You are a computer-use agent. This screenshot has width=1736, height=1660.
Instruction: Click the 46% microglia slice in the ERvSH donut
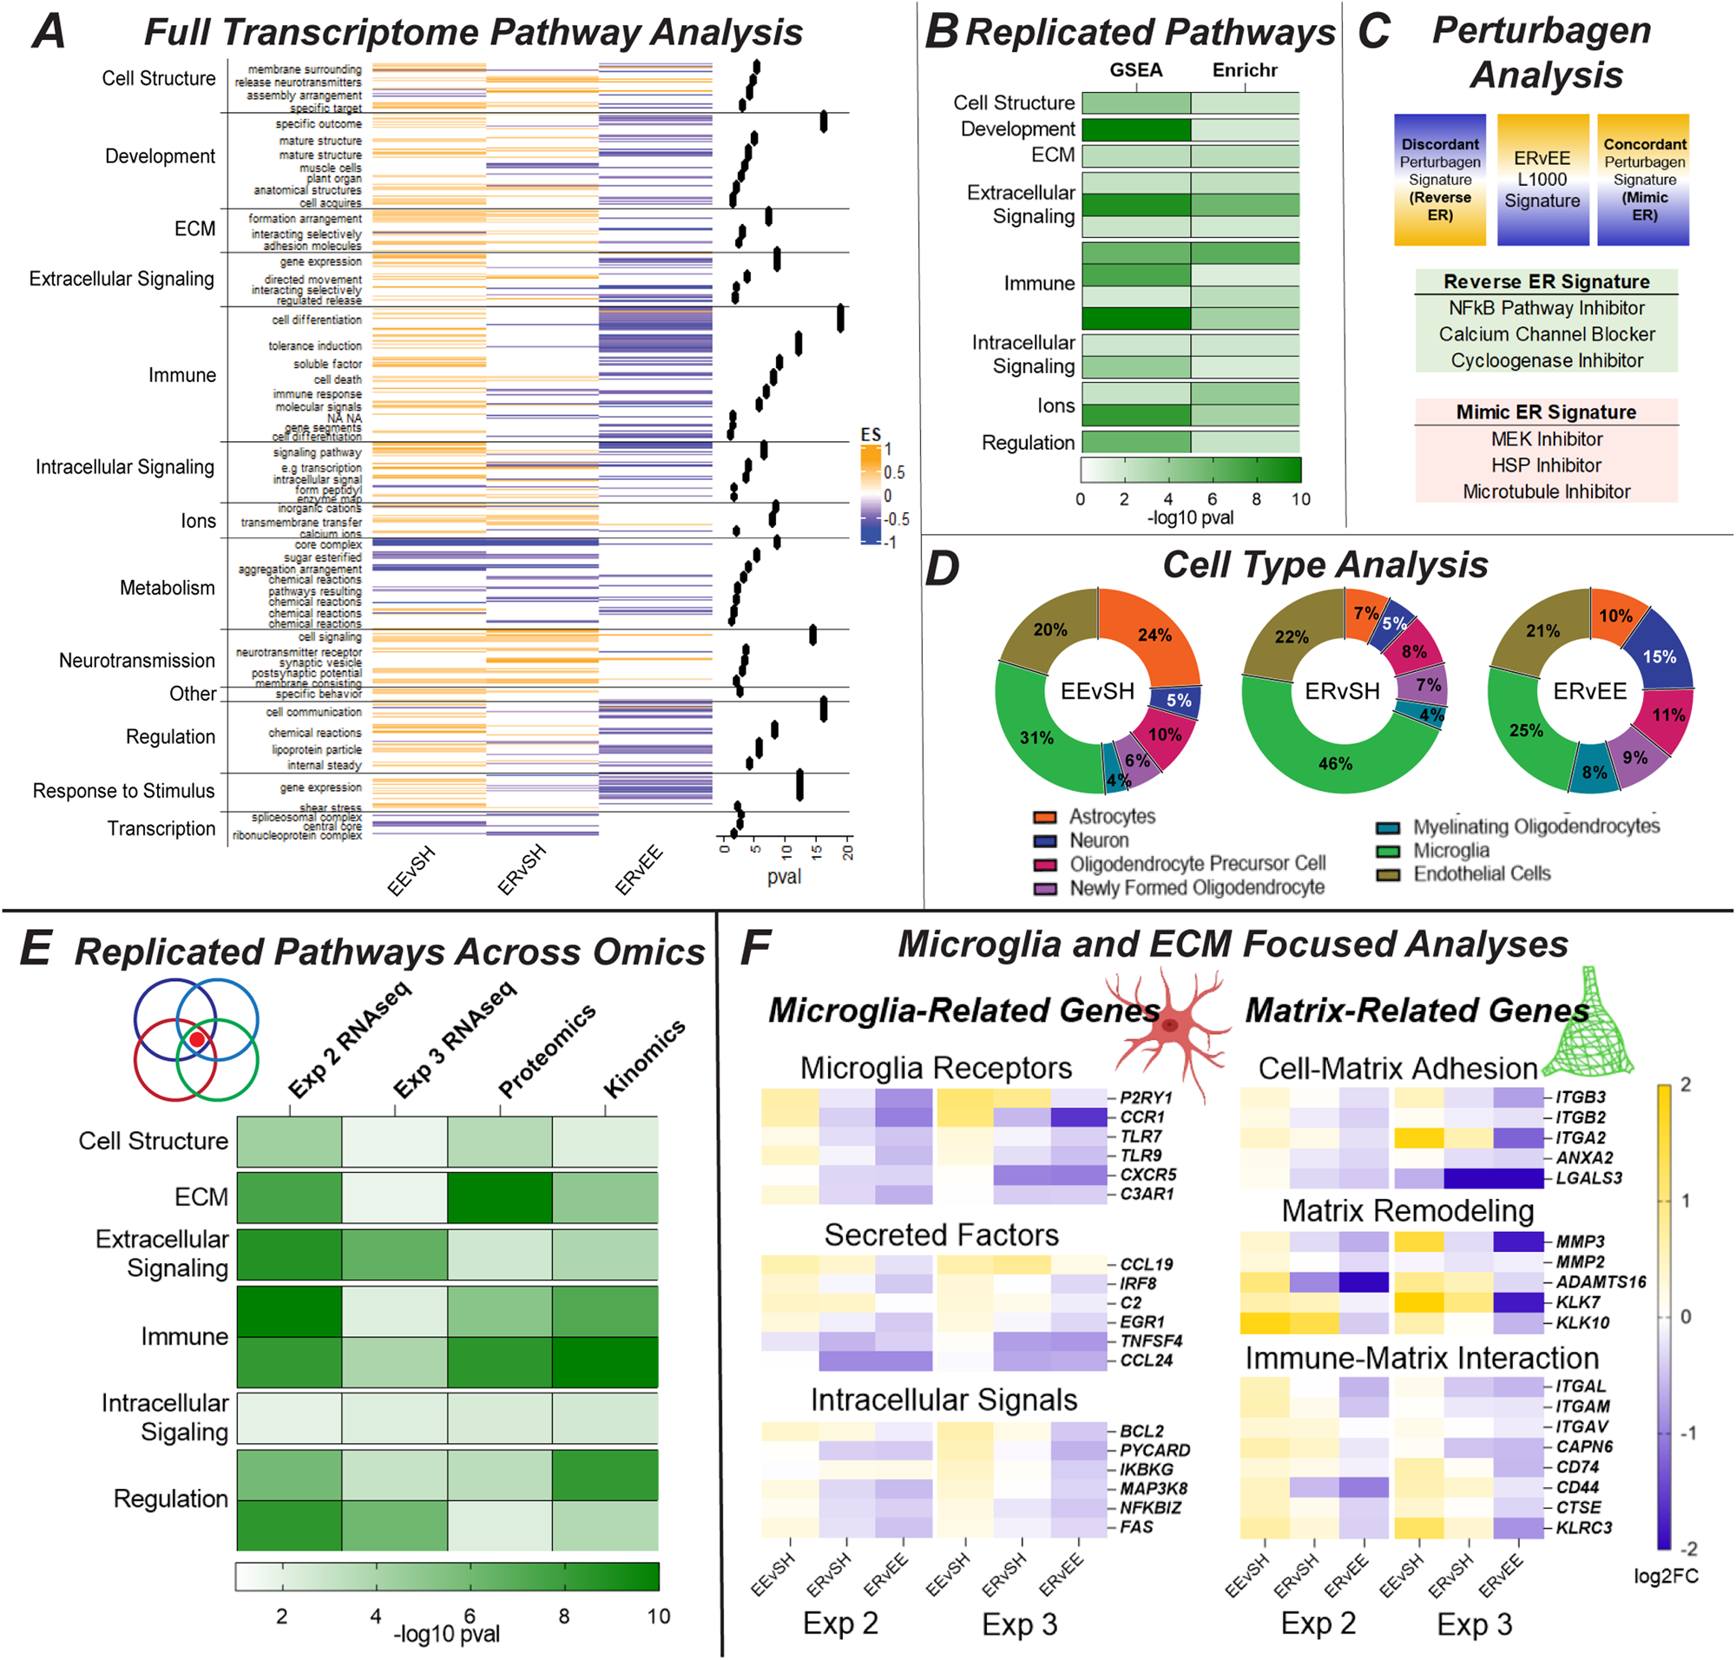click(x=1335, y=764)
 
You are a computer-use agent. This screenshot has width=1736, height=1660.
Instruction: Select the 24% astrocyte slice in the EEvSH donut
click(x=1154, y=636)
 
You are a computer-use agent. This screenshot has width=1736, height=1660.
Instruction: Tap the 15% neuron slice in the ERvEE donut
click(x=1658, y=656)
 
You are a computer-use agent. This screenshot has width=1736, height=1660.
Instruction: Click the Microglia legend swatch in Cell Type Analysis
click(x=1387, y=851)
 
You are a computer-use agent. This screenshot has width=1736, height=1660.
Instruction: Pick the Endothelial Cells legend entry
click(x=1481, y=874)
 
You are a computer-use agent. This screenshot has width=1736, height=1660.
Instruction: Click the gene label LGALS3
click(x=1588, y=1179)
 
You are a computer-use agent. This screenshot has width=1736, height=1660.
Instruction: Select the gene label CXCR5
click(x=1147, y=1175)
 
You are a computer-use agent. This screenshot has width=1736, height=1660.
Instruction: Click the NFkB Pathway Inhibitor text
click(x=1546, y=308)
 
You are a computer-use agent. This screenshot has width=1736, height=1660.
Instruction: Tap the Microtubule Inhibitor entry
click(x=1546, y=492)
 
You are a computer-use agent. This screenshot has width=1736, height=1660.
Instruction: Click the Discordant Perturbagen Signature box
click(x=1440, y=180)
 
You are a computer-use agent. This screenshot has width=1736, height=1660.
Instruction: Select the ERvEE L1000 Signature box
click(x=1542, y=180)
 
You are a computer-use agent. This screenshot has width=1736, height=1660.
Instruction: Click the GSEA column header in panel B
click(x=1136, y=70)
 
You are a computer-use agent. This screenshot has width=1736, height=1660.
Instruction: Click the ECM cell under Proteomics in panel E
click(x=500, y=1197)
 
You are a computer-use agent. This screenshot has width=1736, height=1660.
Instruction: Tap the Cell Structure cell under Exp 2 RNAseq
click(x=289, y=1142)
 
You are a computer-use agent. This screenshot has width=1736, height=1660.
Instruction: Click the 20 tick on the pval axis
click(x=848, y=851)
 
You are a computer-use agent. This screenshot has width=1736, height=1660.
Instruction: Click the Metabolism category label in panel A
click(x=168, y=588)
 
